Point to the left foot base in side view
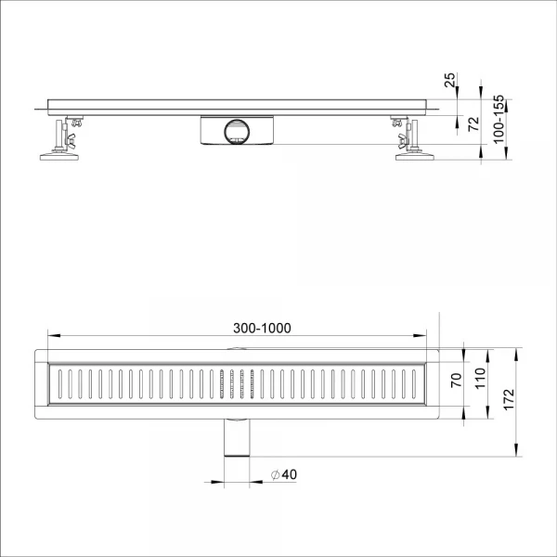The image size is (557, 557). tap(58, 157)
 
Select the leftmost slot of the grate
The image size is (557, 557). tap(58, 386)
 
